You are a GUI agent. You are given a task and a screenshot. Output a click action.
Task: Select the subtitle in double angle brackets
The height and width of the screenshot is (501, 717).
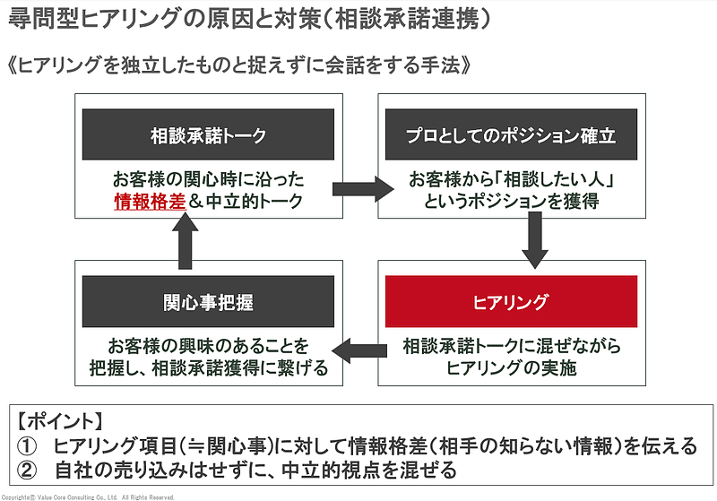[238, 66]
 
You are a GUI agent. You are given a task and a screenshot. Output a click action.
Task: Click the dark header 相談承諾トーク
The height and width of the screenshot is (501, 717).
[208, 135]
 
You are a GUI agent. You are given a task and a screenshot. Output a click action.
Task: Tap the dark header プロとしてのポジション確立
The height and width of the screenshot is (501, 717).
[511, 135]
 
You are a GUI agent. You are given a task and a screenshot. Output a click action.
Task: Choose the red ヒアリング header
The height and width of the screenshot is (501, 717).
[511, 301]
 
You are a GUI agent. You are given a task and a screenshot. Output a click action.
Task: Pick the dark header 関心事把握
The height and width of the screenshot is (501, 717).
[208, 301]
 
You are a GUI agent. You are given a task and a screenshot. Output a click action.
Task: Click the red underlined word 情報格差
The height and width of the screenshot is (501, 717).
[149, 202]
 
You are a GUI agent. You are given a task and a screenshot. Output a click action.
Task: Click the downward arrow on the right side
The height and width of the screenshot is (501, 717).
[534, 242]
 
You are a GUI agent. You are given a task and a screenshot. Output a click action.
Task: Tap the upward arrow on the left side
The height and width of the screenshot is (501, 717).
[186, 242]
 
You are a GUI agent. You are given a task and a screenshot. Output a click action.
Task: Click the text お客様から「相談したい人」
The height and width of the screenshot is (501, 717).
[511, 179]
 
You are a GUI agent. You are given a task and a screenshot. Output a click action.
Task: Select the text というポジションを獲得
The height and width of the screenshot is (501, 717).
[511, 202]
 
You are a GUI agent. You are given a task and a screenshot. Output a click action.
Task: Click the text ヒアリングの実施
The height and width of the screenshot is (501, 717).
[511, 367]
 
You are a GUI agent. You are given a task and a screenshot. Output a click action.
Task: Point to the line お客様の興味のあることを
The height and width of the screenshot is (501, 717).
[208, 345]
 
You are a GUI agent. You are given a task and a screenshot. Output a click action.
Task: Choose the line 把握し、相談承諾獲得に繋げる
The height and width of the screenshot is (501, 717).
[208, 367]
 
